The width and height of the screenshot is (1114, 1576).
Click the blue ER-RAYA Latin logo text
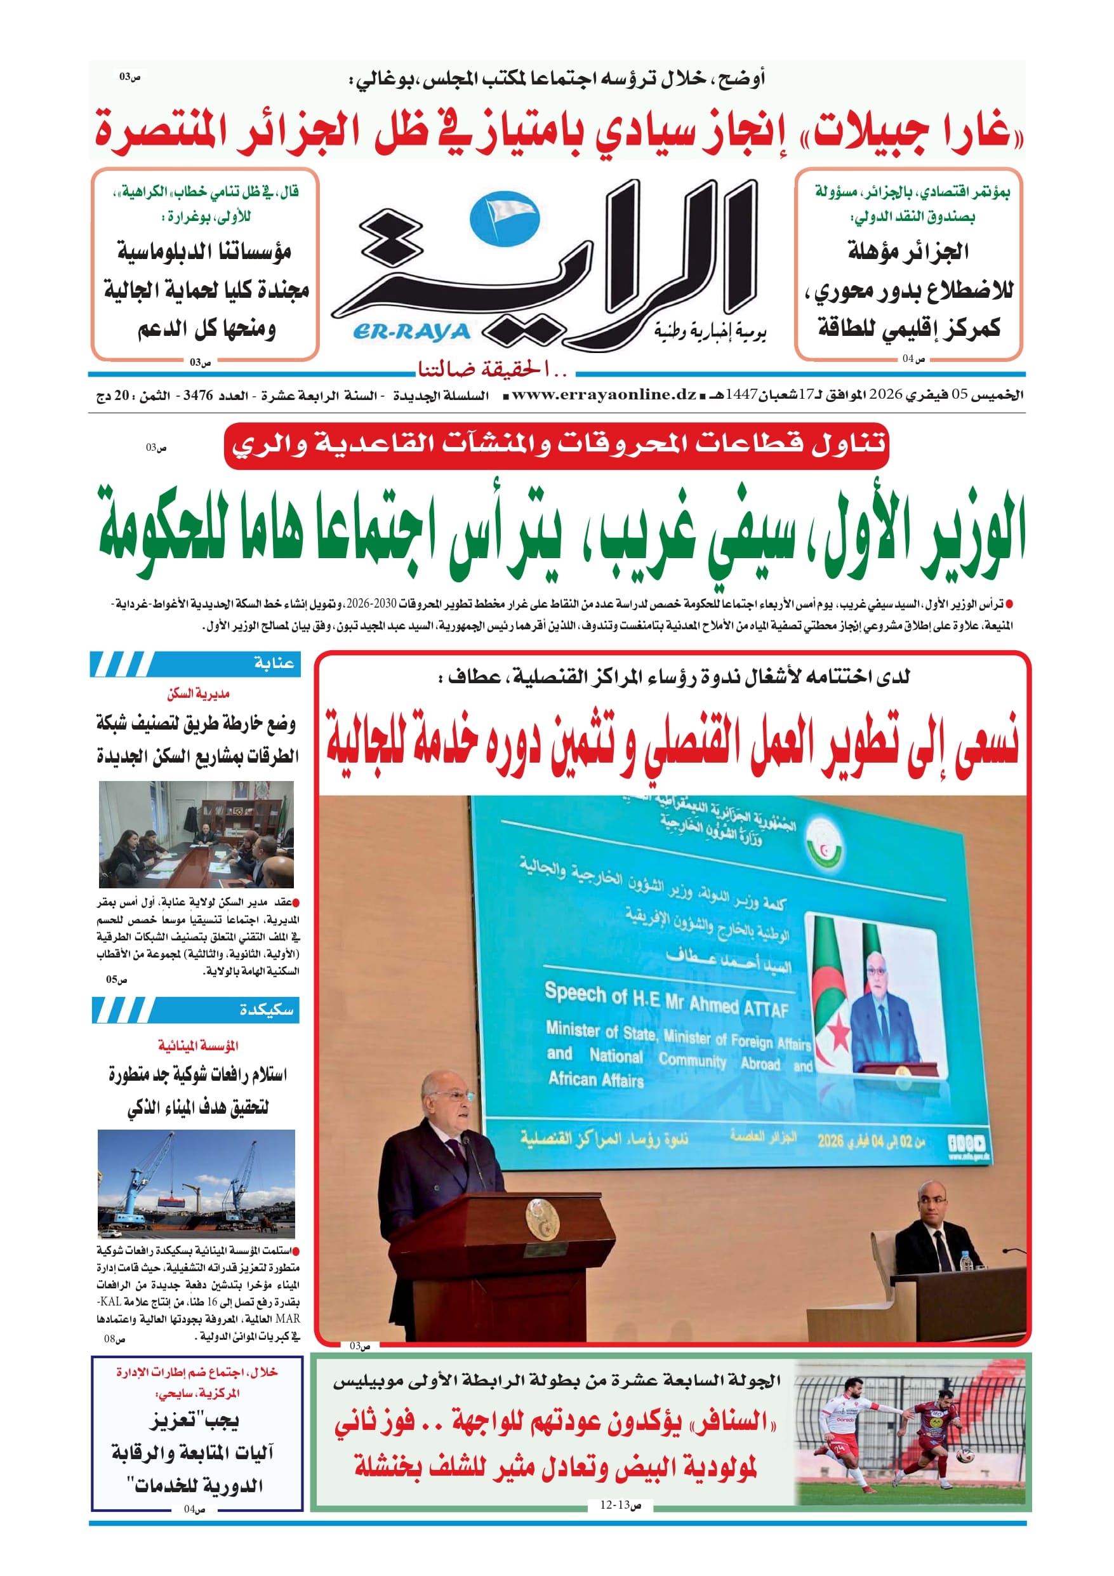(x=411, y=331)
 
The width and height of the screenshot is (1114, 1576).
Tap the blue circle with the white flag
(x=505, y=218)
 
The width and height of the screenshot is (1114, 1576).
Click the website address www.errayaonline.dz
(x=604, y=395)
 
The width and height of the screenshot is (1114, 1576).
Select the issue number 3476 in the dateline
(x=197, y=396)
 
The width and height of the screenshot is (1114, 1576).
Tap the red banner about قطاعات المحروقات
(x=556, y=444)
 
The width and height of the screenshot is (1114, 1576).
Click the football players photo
(x=910, y=1432)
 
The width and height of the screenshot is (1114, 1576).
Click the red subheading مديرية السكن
(x=197, y=694)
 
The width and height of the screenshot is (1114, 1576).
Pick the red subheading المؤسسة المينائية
(x=197, y=1045)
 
